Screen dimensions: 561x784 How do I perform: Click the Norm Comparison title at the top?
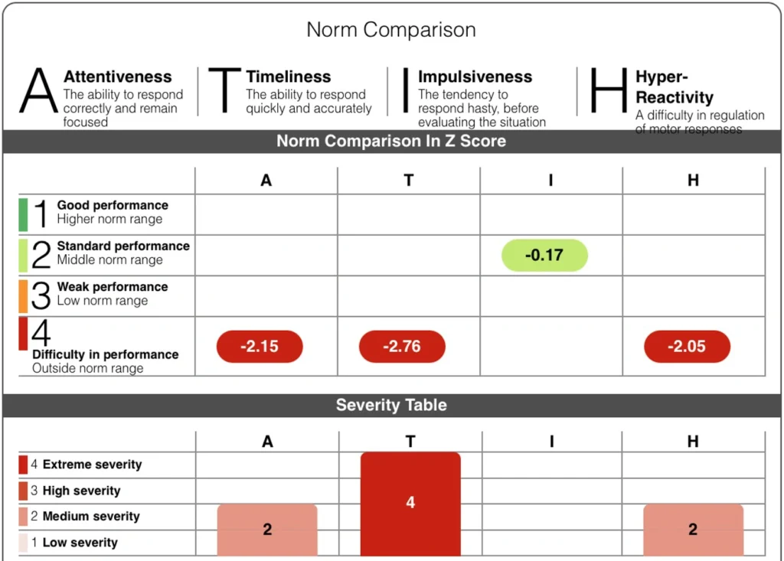[391, 30]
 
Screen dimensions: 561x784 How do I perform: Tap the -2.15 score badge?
[260, 347]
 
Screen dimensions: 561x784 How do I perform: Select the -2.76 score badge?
[402, 347]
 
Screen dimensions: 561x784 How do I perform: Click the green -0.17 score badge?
[544, 255]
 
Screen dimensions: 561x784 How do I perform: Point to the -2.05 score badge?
[687, 347]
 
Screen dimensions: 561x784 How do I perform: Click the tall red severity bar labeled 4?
[410, 503]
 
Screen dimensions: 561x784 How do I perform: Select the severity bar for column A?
[267, 529]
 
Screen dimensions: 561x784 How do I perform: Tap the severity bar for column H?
[693, 529]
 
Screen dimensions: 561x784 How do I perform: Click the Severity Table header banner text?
[391, 405]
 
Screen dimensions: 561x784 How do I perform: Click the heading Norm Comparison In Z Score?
[391, 141]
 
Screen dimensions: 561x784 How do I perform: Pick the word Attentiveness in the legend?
[117, 77]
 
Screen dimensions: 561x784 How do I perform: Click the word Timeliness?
[289, 77]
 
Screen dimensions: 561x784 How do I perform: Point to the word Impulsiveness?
[475, 77]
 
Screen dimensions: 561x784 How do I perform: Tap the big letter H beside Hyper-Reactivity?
[609, 90]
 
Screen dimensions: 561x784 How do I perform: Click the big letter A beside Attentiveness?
[38, 90]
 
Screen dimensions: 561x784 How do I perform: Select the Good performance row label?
[113, 205]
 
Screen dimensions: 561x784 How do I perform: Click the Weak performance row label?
[113, 287]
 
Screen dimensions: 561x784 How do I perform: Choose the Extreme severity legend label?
[92, 465]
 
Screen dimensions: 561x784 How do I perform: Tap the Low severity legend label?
[80, 543]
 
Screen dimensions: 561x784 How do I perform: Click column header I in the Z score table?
[550, 181]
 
